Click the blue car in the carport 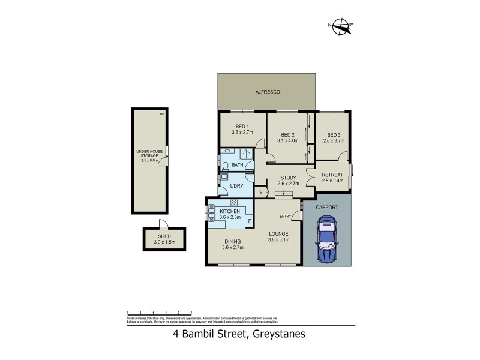(328, 242)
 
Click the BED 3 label (334, 134)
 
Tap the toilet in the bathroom (224, 166)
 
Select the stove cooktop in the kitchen (233, 203)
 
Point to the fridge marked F (250, 221)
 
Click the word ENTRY (284, 217)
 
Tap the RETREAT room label (332, 174)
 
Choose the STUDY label (289, 178)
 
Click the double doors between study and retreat (307, 179)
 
